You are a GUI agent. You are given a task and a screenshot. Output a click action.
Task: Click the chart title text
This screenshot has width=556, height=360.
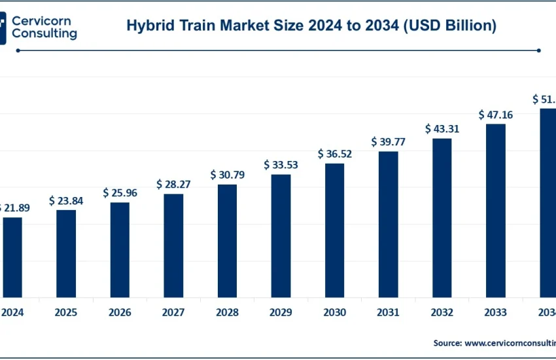311,26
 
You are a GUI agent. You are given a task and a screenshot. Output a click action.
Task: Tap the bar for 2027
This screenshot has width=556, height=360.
173,245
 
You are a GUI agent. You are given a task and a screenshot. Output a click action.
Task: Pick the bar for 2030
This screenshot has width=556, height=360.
335,230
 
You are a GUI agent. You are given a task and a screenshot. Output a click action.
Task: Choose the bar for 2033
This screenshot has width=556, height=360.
496,210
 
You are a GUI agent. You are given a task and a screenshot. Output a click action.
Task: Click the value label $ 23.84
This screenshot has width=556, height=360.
66,201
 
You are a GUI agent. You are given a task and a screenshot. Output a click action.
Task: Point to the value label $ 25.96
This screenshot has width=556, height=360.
120,193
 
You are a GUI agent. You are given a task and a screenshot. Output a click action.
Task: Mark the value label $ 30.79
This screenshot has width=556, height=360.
227,175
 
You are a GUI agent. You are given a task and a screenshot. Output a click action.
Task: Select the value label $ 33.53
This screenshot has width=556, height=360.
281,164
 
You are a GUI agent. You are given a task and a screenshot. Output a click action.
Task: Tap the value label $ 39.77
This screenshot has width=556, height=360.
389,141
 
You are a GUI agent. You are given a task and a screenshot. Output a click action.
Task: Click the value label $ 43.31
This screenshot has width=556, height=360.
442,129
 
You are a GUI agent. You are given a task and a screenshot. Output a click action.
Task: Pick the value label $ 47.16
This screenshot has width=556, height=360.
496,115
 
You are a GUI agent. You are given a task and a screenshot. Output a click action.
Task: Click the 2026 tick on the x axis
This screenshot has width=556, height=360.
120,312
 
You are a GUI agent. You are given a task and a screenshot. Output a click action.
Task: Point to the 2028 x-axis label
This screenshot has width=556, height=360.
227,312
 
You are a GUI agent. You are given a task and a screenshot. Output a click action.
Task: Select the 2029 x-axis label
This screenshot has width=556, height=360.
281,312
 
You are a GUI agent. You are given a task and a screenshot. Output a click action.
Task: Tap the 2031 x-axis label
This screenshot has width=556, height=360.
389,312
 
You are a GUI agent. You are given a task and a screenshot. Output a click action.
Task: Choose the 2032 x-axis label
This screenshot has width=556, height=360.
442,312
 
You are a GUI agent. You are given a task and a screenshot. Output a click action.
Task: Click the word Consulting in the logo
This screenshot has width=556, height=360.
45,33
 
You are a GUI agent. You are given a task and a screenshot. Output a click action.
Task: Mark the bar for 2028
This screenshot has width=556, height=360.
227,241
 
